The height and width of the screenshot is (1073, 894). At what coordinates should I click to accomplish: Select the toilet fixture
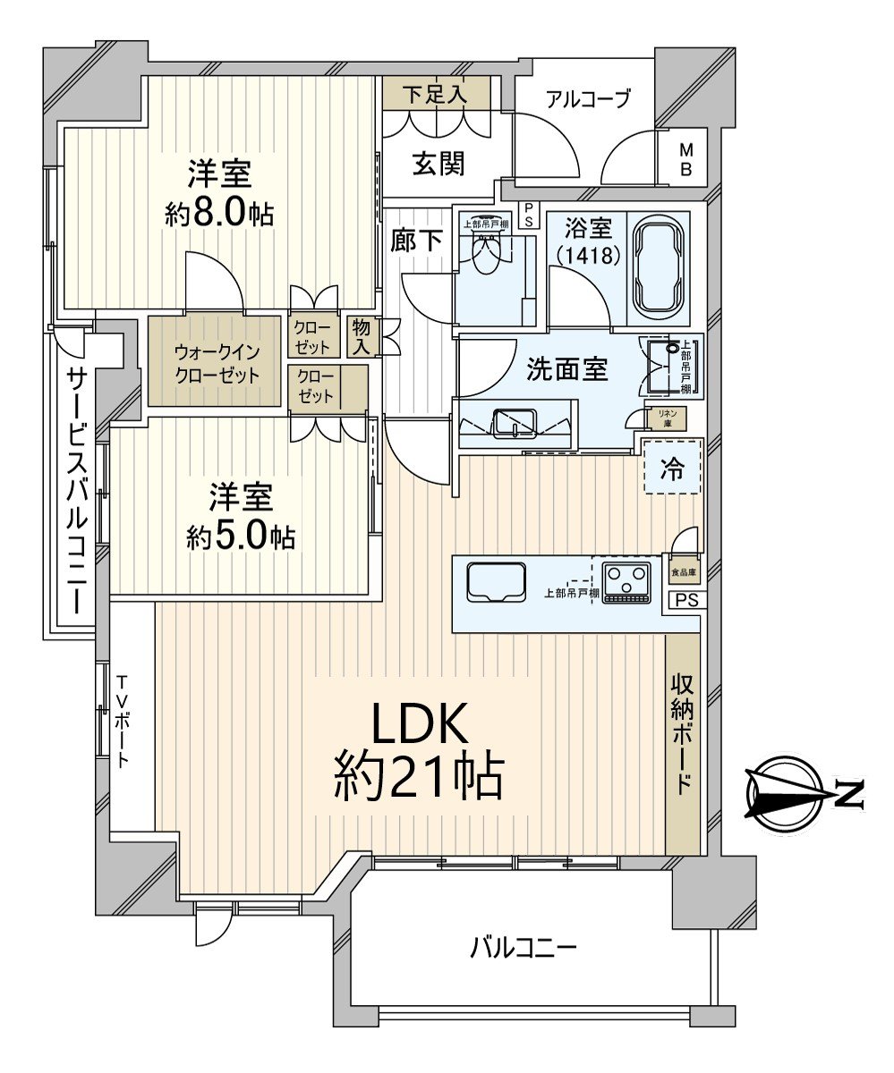tap(487, 254)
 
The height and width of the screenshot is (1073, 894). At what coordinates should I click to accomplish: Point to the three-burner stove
tap(626, 581)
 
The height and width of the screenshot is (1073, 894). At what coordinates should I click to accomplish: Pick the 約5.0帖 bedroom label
tap(241, 517)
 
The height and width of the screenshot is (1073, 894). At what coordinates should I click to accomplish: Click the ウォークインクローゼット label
tap(217, 364)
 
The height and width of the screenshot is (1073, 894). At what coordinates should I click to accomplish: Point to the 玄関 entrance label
tap(438, 163)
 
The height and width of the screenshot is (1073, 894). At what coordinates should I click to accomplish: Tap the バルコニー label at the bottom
tap(524, 947)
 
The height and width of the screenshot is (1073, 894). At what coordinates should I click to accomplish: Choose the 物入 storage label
tap(361, 336)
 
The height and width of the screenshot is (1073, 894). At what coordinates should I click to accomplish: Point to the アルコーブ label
tap(588, 98)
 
